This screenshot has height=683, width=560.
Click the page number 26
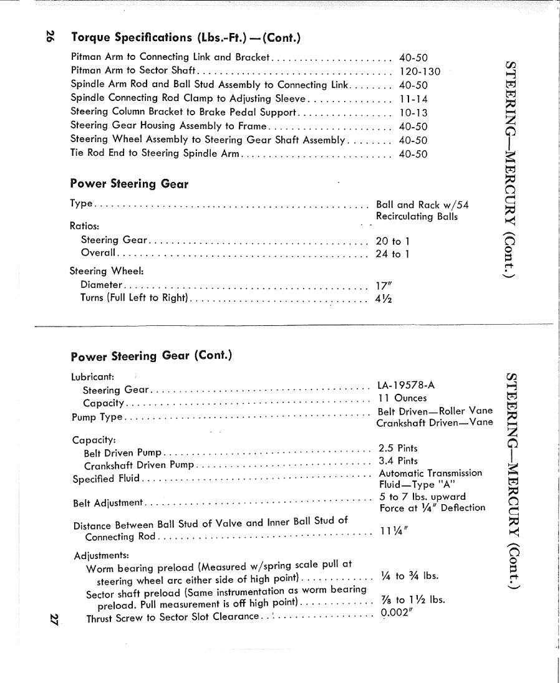50,37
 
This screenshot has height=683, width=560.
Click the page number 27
54,619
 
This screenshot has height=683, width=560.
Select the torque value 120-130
419,71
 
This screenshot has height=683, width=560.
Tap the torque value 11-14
413,98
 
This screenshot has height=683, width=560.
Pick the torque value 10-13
413,113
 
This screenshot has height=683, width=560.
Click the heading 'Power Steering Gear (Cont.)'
152,356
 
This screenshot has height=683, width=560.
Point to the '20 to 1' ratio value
393,241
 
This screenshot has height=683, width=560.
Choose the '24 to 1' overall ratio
393,254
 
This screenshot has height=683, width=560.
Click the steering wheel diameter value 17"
383,285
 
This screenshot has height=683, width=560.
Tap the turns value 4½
384,298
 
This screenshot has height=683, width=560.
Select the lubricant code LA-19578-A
406,385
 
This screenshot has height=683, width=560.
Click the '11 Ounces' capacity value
403,398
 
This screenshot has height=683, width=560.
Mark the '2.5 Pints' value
398,448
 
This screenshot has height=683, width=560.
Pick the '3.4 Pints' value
398,461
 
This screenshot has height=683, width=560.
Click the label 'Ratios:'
85,226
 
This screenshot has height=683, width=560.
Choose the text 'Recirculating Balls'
417,217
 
